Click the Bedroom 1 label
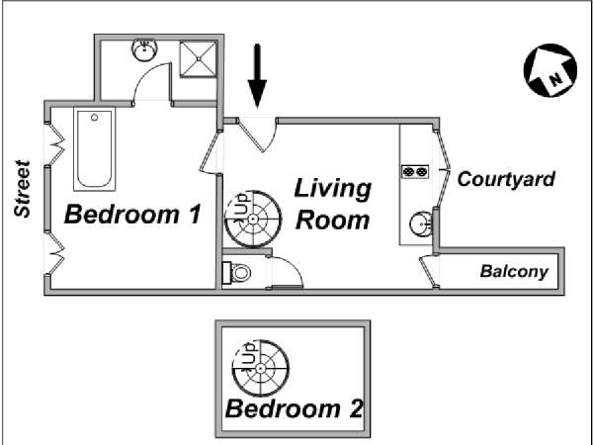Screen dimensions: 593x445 (132, 214)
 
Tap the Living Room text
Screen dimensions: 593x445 (333, 205)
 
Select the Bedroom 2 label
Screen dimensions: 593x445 (295, 408)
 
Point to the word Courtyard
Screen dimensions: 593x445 (506, 179)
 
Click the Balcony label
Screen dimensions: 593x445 (514, 272)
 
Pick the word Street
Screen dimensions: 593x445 (22, 189)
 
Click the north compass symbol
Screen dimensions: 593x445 (551, 70)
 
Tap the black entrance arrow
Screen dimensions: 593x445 (257, 76)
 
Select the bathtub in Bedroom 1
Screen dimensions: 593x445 (95, 149)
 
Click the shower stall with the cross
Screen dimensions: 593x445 (199, 59)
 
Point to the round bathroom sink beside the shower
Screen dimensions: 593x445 (144, 49)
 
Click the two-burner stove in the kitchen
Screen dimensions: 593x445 (415, 172)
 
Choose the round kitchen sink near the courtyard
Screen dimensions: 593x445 (421, 224)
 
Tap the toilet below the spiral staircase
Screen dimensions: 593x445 (237, 273)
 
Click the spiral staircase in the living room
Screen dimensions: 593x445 (253, 220)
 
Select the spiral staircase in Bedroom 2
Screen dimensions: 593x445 (261, 368)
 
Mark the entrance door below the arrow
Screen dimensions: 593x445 (257, 134)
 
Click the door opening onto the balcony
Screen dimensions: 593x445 (430, 272)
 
